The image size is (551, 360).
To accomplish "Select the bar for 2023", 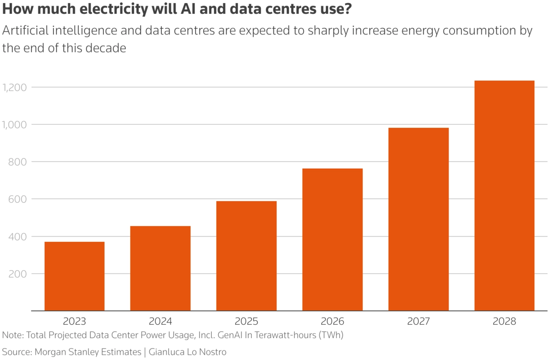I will click(x=74, y=276).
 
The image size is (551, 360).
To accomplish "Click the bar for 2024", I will click(x=161, y=268).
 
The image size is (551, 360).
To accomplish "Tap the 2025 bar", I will click(x=246, y=256).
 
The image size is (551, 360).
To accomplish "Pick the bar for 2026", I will click(x=332, y=240).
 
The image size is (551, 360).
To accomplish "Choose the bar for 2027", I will click(x=418, y=219).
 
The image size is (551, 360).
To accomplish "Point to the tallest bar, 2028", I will click(x=505, y=196).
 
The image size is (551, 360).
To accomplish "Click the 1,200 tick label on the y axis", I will click(x=15, y=87).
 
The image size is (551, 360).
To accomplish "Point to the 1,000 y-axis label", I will click(x=15, y=125).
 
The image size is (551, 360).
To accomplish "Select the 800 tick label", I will click(x=18, y=162).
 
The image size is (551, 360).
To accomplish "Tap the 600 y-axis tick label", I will click(x=18, y=199).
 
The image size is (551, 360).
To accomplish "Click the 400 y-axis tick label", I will click(x=18, y=237).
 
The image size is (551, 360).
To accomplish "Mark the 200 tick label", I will click(x=18, y=274).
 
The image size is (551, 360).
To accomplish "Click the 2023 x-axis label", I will click(x=74, y=321).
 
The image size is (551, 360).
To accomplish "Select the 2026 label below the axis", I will click(x=332, y=321).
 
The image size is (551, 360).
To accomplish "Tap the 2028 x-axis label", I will click(x=505, y=321).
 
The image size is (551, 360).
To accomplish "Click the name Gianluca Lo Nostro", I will click(x=188, y=352).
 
